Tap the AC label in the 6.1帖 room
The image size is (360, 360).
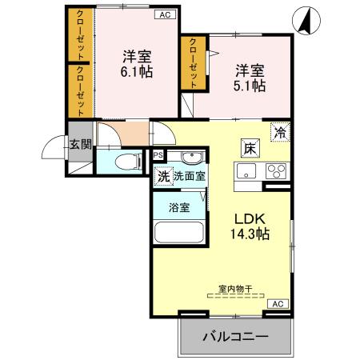pyautogui.click(x=163, y=14)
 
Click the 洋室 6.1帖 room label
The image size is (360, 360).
pyautogui.click(x=137, y=63)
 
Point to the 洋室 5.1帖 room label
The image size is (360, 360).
pyautogui.click(x=250, y=78)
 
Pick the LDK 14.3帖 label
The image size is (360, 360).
pyautogui.click(x=250, y=226)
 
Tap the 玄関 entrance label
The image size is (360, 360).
pyautogui.click(x=79, y=145)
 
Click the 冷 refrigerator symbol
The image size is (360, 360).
pyautogui.click(x=281, y=133)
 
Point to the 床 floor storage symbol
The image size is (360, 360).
pyautogui.click(x=250, y=147)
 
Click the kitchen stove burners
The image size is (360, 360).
pyautogui.click(x=276, y=171)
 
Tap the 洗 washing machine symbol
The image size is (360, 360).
pyautogui.click(x=162, y=176)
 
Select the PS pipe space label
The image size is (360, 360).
pyautogui.click(x=158, y=154)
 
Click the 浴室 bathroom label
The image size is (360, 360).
pyautogui.click(x=178, y=208)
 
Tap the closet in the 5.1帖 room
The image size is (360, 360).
pyautogui.click(x=192, y=64)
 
